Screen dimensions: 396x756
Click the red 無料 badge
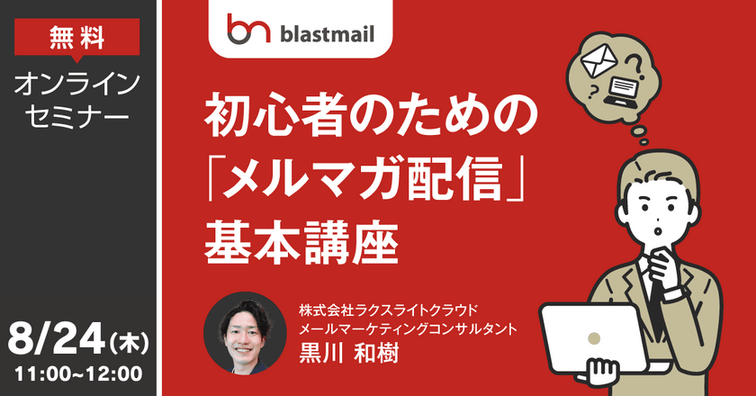(x=77, y=37)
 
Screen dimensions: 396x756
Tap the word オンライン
(x=78, y=85)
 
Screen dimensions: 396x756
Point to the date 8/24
(x=56, y=344)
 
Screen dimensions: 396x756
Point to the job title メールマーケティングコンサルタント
(x=409, y=329)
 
